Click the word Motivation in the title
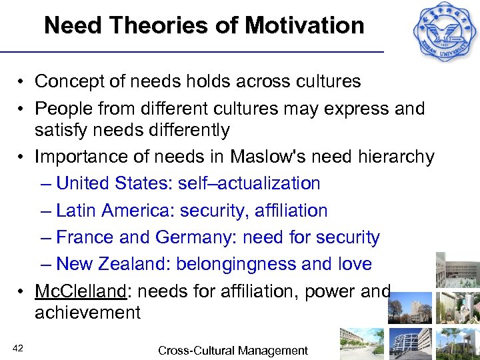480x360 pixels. (305, 26)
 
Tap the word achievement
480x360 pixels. (87, 313)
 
